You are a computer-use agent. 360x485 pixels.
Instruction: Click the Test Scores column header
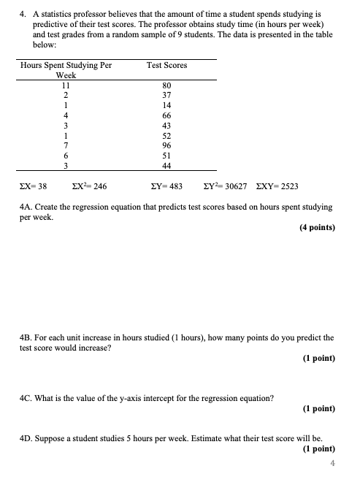point(166,65)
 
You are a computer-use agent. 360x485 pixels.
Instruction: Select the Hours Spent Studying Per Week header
point(66,69)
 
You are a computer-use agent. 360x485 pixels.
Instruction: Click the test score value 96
point(166,145)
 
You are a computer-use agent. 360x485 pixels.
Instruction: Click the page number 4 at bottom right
point(332,463)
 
